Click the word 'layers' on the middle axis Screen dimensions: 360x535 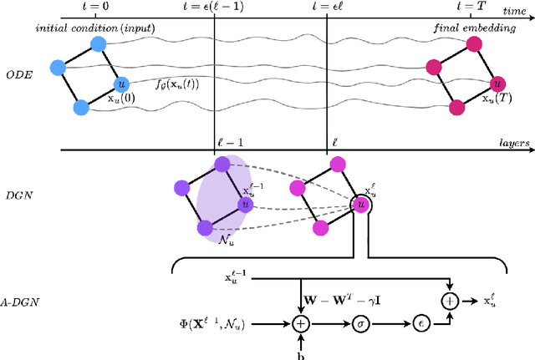[512, 143]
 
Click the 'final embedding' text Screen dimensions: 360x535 [466, 28]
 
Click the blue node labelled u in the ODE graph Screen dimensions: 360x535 [123, 84]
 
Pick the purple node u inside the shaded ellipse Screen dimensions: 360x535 [245, 203]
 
